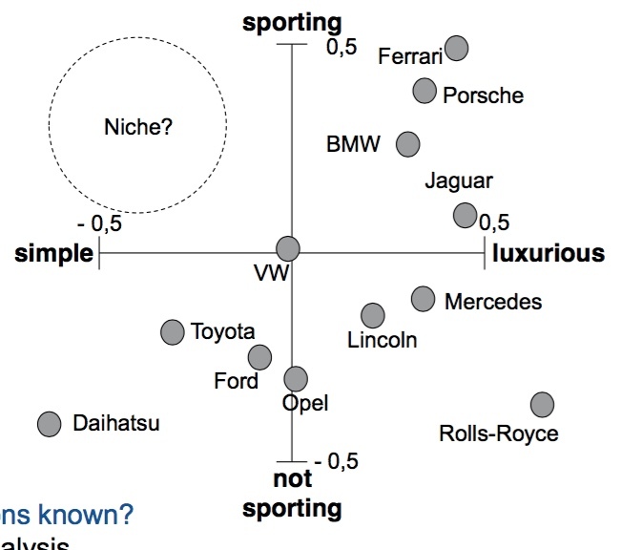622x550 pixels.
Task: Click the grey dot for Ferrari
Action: [x=457, y=47]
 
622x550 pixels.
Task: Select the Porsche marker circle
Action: [x=425, y=91]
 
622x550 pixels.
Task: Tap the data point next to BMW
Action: [x=408, y=144]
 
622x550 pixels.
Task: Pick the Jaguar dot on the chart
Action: [x=465, y=215]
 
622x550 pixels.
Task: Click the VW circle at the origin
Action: [x=287, y=249]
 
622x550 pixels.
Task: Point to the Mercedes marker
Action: [x=424, y=299]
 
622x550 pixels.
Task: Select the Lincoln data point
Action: [x=373, y=315]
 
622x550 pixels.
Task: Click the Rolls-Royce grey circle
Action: [x=542, y=405]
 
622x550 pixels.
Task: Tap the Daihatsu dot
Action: [x=49, y=424]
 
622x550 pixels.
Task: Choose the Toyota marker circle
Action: [x=173, y=331]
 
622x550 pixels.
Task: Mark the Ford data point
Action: [x=259, y=358]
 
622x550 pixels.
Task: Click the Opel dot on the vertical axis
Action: [x=296, y=379]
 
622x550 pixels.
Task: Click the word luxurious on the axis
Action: [x=548, y=253]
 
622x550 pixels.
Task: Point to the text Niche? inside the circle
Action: [x=138, y=125]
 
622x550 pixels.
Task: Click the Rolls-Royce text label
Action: [x=498, y=434]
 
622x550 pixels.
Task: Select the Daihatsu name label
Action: [x=116, y=423]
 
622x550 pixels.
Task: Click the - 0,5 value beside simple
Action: [x=100, y=224]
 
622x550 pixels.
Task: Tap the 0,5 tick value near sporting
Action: [x=341, y=46]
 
